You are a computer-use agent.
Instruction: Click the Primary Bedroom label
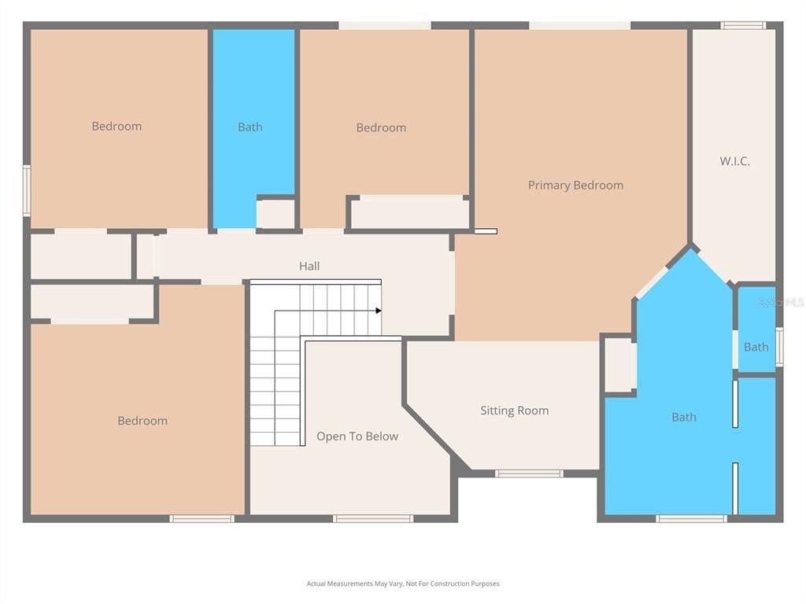pyautogui.click(x=575, y=186)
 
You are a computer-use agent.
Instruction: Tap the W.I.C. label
pyautogui.click(x=734, y=161)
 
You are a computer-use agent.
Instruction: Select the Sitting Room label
pyautogui.click(x=514, y=411)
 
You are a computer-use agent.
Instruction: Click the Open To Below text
pyautogui.click(x=357, y=436)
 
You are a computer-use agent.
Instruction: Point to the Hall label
pyautogui.click(x=309, y=267)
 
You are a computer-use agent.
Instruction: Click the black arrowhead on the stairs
pyautogui.click(x=379, y=311)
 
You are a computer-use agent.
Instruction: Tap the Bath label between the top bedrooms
pyautogui.click(x=250, y=127)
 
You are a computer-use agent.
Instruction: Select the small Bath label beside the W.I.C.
pyautogui.click(x=756, y=347)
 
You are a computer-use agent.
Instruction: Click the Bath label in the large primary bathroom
pyautogui.click(x=683, y=418)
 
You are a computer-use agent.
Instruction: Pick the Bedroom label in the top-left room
pyautogui.click(x=116, y=126)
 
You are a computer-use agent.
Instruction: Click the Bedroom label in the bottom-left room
pyautogui.click(x=142, y=421)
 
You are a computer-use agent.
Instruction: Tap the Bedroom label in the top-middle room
pyautogui.click(x=381, y=127)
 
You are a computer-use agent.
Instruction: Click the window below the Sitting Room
pyautogui.click(x=529, y=473)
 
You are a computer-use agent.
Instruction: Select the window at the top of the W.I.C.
pyautogui.click(x=743, y=25)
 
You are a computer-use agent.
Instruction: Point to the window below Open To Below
pyautogui.click(x=372, y=518)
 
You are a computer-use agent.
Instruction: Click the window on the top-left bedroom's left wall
pyautogui.click(x=26, y=190)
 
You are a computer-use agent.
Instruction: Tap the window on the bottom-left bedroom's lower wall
pyautogui.click(x=202, y=518)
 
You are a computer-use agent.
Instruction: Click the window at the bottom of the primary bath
pyautogui.click(x=691, y=518)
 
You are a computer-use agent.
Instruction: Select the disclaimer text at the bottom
pyautogui.click(x=403, y=584)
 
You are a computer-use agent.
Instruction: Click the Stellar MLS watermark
pyautogui.click(x=781, y=302)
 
